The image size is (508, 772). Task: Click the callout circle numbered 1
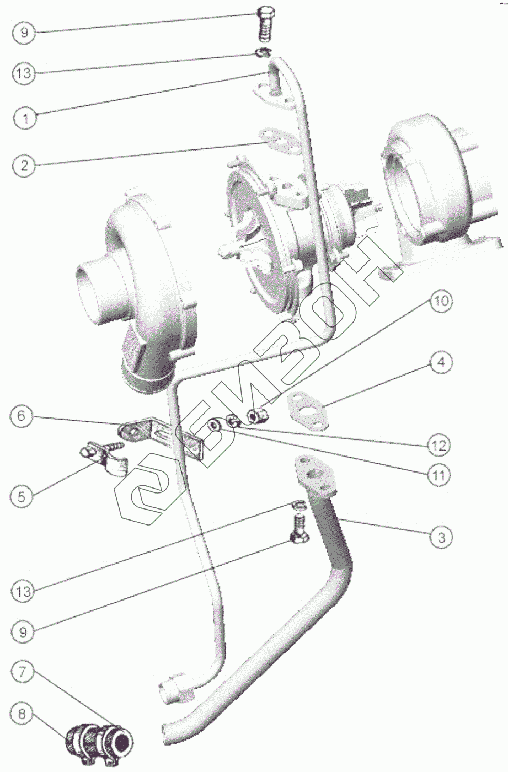point(24,117)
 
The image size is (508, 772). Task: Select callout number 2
point(24,165)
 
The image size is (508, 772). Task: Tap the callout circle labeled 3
point(441,537)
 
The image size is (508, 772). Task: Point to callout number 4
point(441,362)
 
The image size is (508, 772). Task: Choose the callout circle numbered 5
point(22,496)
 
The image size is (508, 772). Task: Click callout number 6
point(22,415)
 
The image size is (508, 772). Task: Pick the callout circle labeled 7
point(22,673)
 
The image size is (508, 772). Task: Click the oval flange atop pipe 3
point(316,474)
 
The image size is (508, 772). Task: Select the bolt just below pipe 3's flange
point(299,530)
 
